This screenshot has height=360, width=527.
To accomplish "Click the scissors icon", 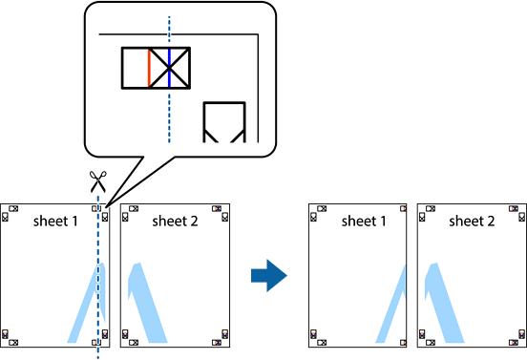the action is click(97, 181).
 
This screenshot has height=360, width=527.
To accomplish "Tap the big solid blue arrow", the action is click(269, 276).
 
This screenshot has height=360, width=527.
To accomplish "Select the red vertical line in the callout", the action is click(149, 68).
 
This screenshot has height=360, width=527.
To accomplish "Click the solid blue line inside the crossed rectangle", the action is click(169, 68).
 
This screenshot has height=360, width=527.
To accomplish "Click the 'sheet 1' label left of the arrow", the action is click(55, 222).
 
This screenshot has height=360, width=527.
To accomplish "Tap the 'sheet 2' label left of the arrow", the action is click(175, 222).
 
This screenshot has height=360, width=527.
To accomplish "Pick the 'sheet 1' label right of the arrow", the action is click(364, 222).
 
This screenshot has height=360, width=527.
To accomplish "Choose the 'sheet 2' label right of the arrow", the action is click(472, 222).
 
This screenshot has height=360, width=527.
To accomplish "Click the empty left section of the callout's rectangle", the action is click(136, 68).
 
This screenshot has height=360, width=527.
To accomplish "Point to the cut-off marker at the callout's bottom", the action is click(224, 122).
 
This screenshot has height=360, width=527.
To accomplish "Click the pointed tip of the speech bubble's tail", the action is click(106, 207).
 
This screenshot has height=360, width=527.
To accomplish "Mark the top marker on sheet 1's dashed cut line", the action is click(96, 209).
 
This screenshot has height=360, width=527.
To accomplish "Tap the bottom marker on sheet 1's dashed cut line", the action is click(96, 343).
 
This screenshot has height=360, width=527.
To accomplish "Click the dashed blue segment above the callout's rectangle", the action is click(169, 31).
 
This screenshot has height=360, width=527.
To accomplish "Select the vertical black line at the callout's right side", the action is click(258, 88).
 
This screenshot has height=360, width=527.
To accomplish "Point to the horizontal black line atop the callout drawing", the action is click(179, 34).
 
